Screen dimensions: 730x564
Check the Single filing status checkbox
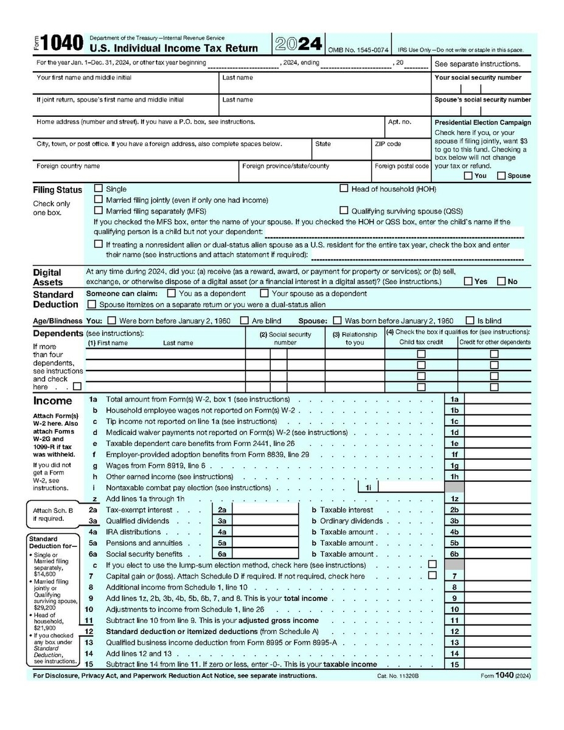(x=99, y=189)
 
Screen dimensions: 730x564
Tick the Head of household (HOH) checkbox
(x=344, y=189)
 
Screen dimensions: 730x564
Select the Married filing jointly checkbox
(x=99, y=200)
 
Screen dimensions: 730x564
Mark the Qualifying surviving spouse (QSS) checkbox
(x=344, y=210)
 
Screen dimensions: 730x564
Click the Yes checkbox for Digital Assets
(x=468, y=282)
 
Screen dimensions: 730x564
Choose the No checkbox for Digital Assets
(x=501, y=282)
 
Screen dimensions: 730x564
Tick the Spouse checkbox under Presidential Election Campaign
(x=501, y=176)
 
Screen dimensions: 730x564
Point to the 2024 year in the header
(x=298, y=44)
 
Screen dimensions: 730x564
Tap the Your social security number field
(x=481, y=88)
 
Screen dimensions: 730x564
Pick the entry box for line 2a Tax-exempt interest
(x=266, y=510)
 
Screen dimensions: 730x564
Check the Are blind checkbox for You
(x=244, y=321)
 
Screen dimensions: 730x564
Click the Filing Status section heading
(x=57, y=190)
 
